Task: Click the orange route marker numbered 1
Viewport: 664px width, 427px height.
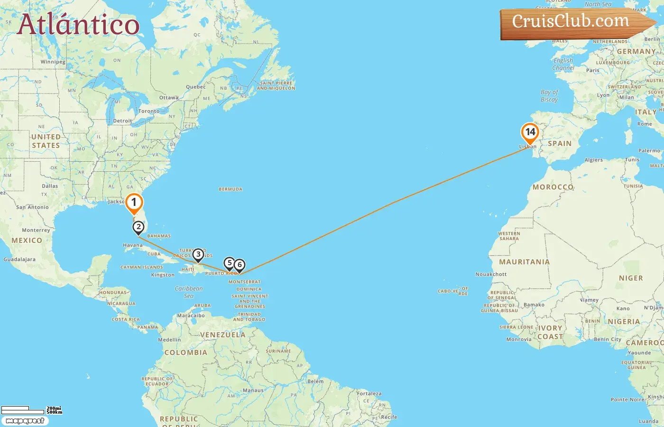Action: pyautogui.click(x=134, y=203)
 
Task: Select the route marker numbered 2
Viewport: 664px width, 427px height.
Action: pyautogui.click(x=138, y=227)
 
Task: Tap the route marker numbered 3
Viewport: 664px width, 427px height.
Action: pyautogui.click(x=198, y=255)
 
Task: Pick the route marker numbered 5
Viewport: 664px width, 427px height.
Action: pyautogui.click(x=230, y=263)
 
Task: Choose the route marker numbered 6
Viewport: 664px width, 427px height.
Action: pyautogui.click(x=240, y=265)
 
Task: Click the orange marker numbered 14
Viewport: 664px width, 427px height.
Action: pyautogui.click(x=530, y=132)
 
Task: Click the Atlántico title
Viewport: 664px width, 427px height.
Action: pyautogui.click(x=78, y=25)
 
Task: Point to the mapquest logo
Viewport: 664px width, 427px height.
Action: pyautogui.click(x=25, y=421)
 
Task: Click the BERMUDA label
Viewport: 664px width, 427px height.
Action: pyautogui.click(x=231, y=189)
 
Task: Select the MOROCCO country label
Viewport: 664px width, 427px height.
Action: pyautogui.click(x=553, y=187)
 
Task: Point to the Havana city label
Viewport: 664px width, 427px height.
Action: pyautogui.click(x=132, y=245)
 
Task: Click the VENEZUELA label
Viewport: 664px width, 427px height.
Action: pyautogui.click(x=222, y=335)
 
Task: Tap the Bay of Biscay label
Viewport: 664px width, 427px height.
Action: pyautogui.click(x=549, y=96)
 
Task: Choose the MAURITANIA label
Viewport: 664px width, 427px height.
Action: pyautogui.click(x=524, y=262)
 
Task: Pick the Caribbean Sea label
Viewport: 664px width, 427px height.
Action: pyautogui.click(x=189, y=292)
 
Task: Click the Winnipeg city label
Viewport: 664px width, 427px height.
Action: pyautogui.click(x=53, y=62)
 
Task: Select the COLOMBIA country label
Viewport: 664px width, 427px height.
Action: pyautogui.click(x=185, y=353)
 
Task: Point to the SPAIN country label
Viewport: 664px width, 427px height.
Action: pyautogui.click(x=560, y=143)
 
